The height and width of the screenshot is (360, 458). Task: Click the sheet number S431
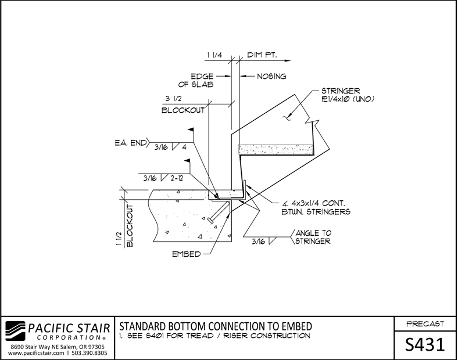coord(425,344)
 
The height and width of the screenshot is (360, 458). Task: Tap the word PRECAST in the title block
coord(425,324)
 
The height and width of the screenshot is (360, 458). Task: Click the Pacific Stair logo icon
coord(16,331)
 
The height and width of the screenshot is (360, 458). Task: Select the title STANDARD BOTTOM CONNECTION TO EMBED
coord(216,326)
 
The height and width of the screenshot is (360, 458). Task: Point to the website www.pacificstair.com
coord(36,353)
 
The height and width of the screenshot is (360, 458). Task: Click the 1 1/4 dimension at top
coord(214,55)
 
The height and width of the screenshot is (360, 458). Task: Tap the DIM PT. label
coord(262,55)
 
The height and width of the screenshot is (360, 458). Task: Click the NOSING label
coord(271,77)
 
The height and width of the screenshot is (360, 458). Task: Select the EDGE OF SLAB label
coord(196,81)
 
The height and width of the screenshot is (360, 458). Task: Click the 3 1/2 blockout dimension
coord(174,99)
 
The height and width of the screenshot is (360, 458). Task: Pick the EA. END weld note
coord(131,143)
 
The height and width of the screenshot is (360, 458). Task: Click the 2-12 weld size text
coord(177,178)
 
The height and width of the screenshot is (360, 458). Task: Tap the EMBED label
coord(187,254)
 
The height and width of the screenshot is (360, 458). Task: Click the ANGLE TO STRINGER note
coord(313,237)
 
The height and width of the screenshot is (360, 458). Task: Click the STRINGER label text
coord(341,91)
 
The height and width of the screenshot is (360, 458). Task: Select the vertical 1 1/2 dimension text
coord(119,239)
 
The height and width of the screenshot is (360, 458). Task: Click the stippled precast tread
coord(276,150)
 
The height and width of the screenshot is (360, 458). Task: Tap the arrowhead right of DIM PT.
coord(288,61)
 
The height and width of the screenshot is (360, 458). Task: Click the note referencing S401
coord(214,336)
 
